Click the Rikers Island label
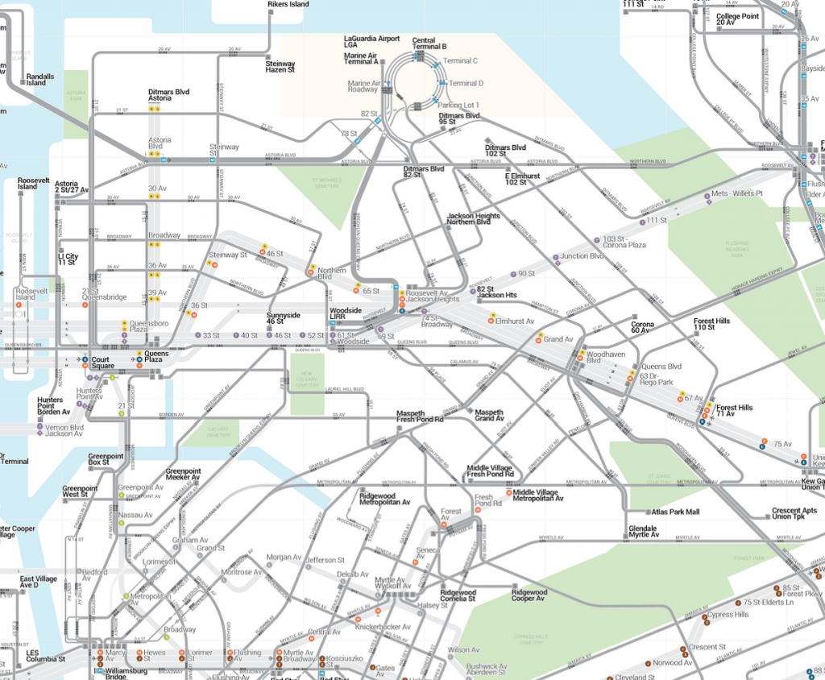(x=288, y=4)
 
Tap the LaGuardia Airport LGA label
(x=371, y=41)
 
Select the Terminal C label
(x=460, y=60)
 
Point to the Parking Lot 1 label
(x=458, y=106)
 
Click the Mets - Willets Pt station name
(x=736, y=195)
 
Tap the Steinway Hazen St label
(x=280, y=66)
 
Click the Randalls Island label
(x=40, y=80)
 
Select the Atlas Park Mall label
(x=675, y=512)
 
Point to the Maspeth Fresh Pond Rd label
(x=420, y=417)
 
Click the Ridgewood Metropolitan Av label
(x=384, y=499)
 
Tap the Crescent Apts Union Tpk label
(x=794, y=513)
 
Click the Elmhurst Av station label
(x=515, y=321)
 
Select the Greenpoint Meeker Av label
(x=183, y=474)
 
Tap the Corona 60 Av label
(x=642, y=327)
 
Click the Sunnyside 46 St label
(x=283, y=318)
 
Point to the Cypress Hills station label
(x=728, y=615)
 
